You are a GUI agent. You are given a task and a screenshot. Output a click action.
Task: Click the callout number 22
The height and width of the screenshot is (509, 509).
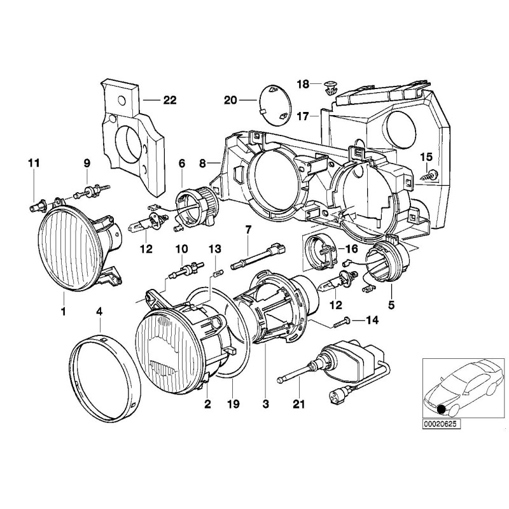152,99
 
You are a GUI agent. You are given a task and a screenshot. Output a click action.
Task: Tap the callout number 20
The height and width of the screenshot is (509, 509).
230,99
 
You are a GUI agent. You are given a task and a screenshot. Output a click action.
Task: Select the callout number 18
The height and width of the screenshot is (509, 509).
303,84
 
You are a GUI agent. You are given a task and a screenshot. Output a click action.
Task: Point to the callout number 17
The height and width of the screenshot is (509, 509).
302,116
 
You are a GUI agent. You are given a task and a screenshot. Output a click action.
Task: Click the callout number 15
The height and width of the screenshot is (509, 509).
426,157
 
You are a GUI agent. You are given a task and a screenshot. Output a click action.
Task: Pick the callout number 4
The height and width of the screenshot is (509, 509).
99,311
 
